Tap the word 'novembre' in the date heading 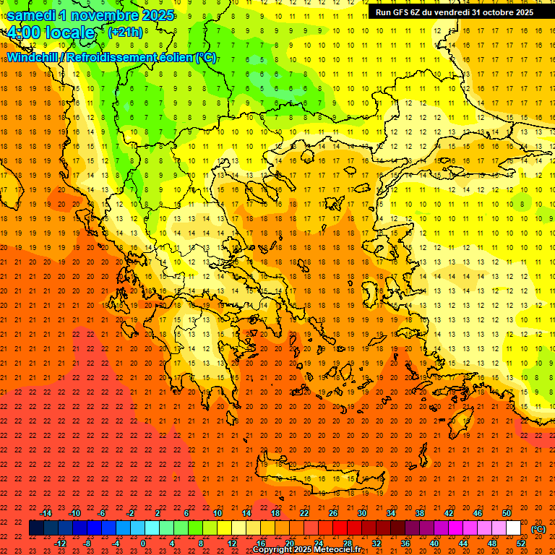pos(103,14)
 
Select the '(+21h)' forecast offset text pos(125,32)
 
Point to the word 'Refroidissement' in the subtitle pos(113,57)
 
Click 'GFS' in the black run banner pos(404,12)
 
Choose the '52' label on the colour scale pos(521,543)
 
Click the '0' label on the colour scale pos(143,543)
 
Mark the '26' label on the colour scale pos(333,513)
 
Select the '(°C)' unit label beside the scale pos(538,529)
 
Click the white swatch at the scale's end pos(513,528)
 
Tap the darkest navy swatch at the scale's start pos(36,528)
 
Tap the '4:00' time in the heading pos(25,33)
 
